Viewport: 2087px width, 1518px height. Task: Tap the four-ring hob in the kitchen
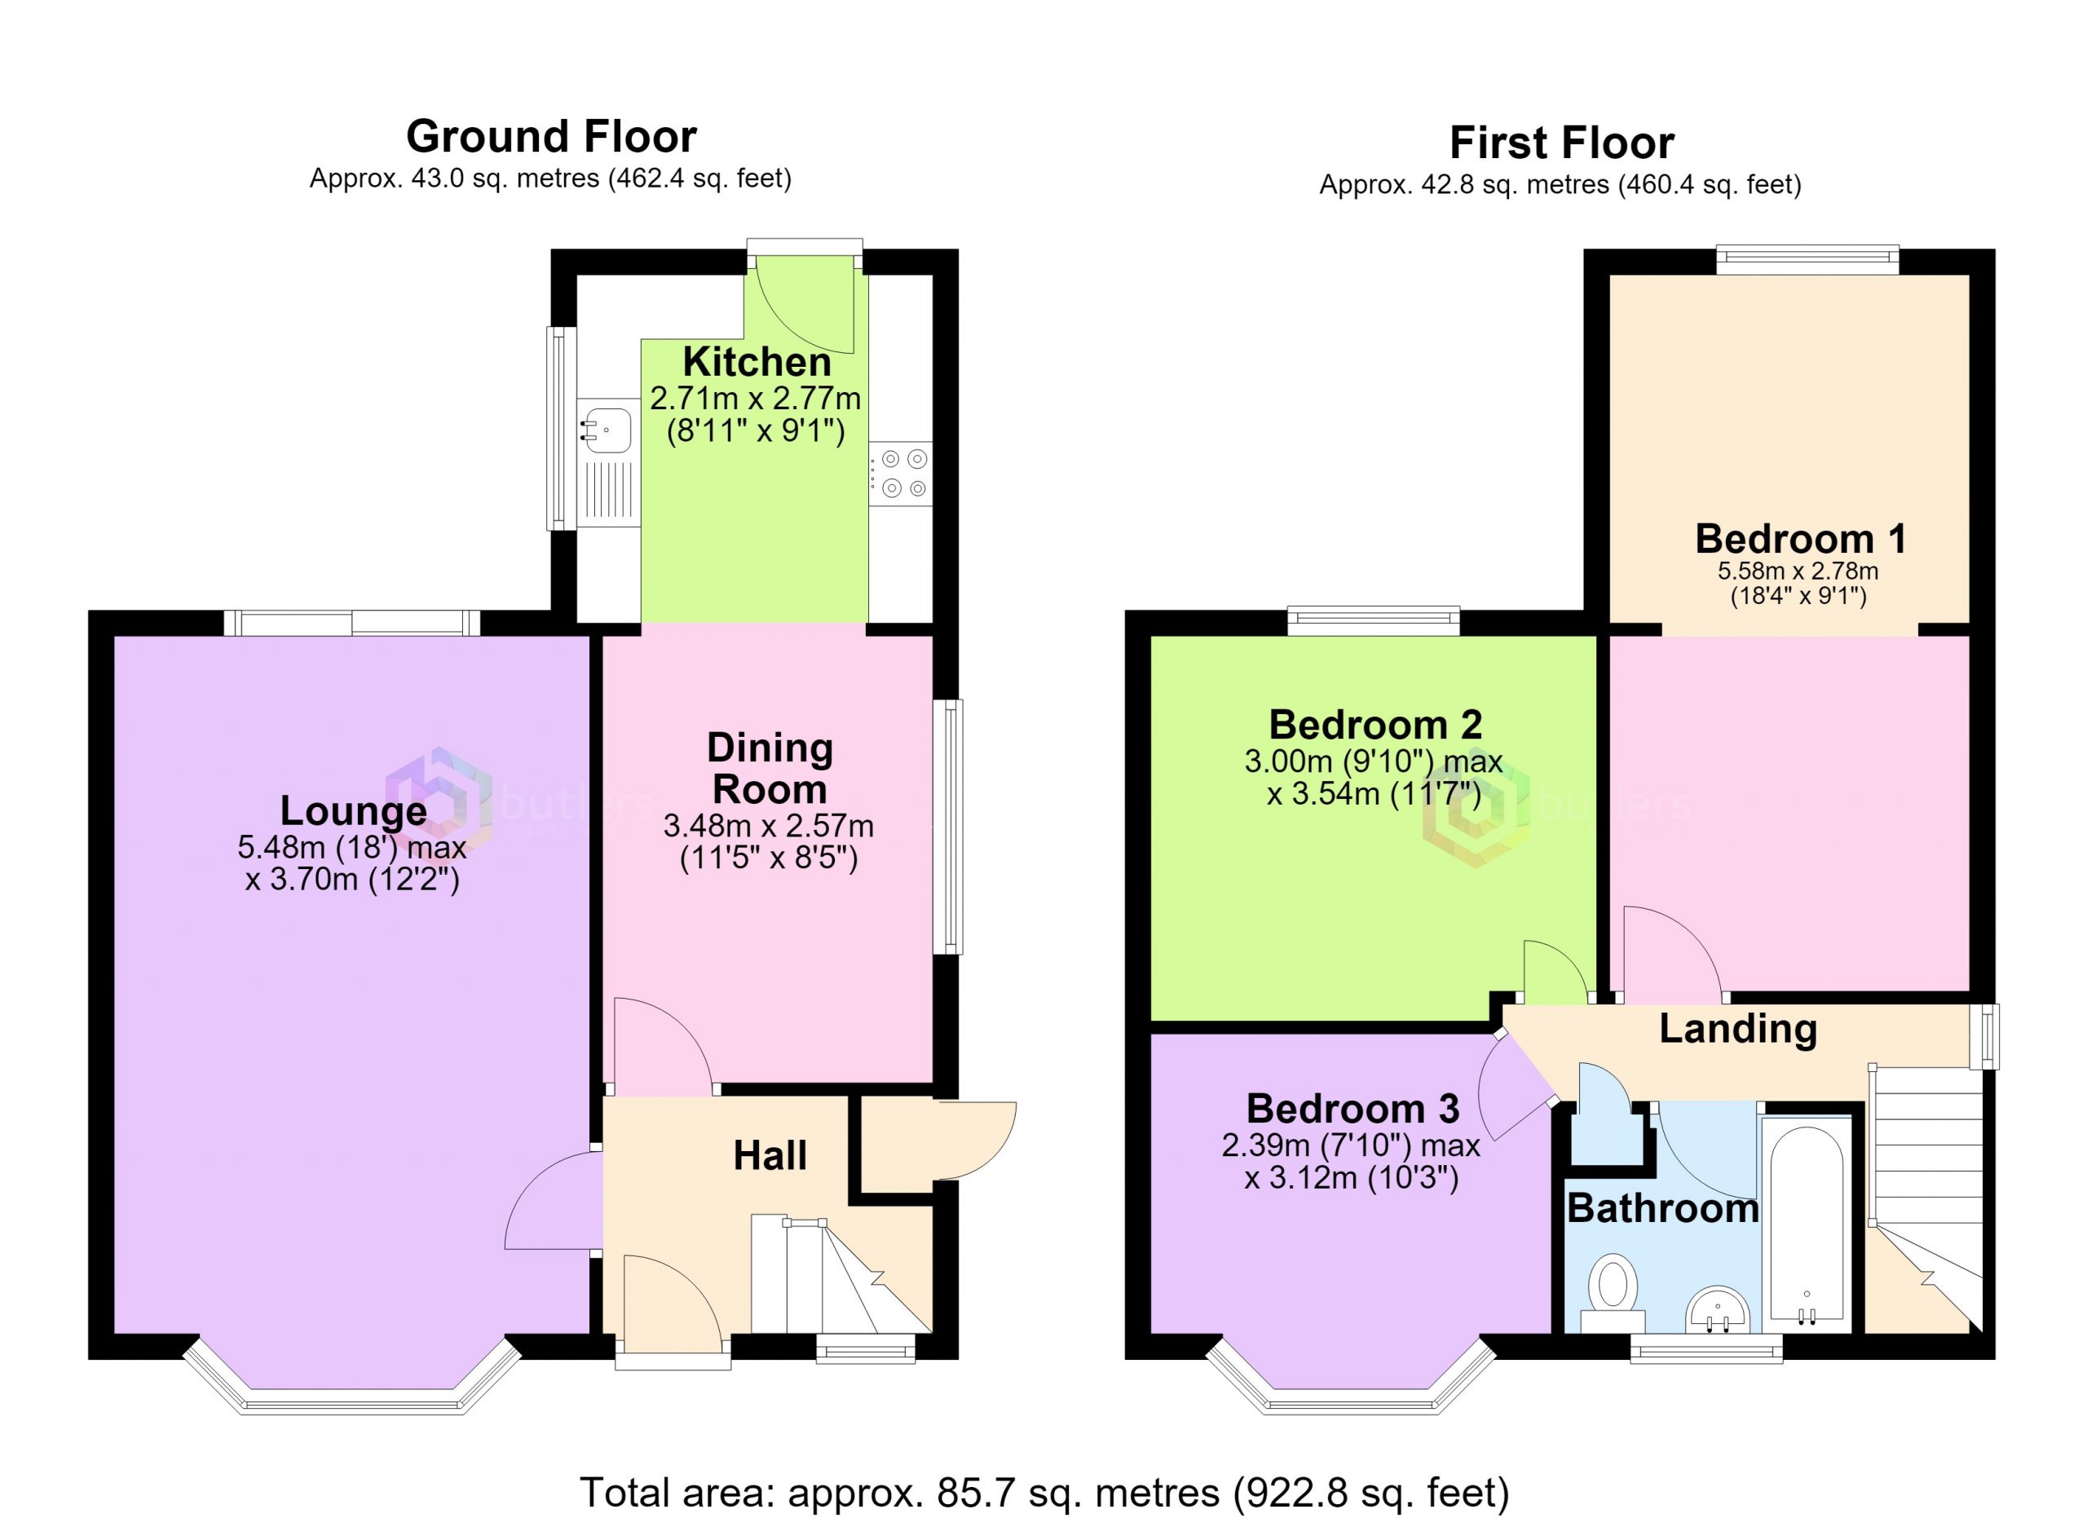tap(901, 473)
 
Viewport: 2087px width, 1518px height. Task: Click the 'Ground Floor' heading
tap(551, 136)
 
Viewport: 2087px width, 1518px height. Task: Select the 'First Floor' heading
tap(1561, 143)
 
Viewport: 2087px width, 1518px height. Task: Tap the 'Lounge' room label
tap(353, 810)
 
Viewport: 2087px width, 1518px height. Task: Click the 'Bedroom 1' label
tap(1801, 538)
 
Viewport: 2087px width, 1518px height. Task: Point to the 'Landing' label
tap(1738, 1029)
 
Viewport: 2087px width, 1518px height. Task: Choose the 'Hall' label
tap(770, 1155)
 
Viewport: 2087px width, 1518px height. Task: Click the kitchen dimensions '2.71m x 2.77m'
tap(756, 399)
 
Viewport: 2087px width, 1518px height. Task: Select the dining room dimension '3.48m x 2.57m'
tap(769, 826)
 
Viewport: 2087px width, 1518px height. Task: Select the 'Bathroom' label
tap(1663, 1208)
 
